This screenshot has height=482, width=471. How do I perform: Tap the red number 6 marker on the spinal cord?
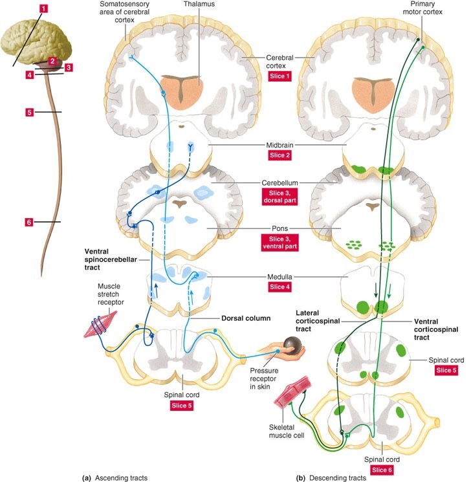(28, 223)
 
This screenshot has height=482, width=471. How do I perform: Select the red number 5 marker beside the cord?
(29, 113)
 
